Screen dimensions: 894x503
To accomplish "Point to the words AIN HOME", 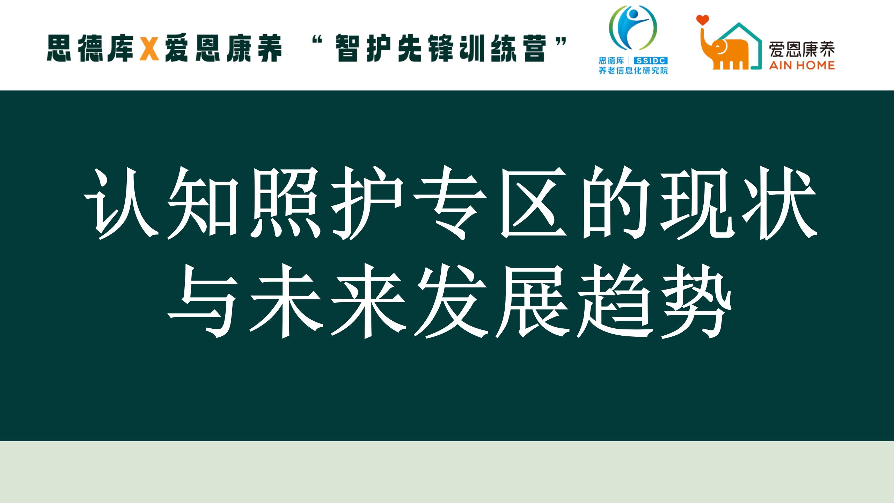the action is tap(801, 65).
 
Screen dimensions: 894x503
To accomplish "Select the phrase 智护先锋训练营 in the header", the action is tap(440, 49).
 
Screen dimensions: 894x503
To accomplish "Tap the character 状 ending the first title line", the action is tap(779, 203).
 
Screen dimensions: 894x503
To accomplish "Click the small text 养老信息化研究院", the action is tap(633, 71).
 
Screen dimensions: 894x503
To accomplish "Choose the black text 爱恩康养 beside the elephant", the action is tap(802, 49).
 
